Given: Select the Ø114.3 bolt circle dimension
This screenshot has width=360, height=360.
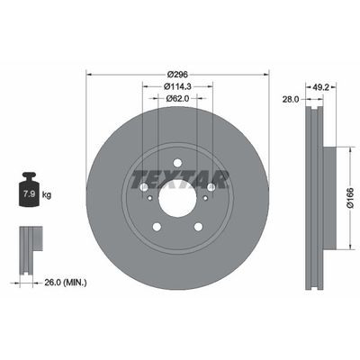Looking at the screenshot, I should (x=176, y=86).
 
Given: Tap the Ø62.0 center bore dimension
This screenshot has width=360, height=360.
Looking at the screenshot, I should (x=176, y=100).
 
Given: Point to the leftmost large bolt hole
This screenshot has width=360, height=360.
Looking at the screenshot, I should (x=142, y=187).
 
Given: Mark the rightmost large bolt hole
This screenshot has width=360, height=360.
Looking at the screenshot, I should (x=211, y=187).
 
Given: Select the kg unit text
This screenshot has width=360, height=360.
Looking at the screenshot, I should (x=47, y=194).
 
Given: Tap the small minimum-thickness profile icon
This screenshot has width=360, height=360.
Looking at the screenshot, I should (x=30, y=241).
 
